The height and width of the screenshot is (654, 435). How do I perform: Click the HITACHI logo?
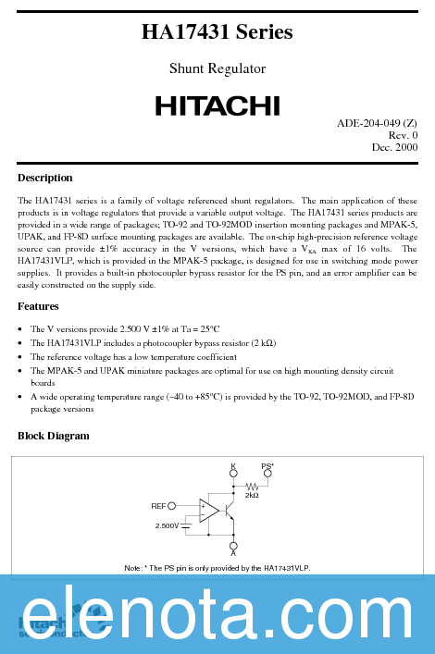(x=217, y=106)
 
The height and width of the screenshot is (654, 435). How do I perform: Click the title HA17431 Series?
(x=217, y=32)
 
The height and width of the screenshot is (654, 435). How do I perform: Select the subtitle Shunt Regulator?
(x=217, y=68)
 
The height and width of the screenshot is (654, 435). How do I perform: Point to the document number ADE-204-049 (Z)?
(x=377, y=123)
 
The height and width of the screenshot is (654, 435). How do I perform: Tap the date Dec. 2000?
(x=394, y=147)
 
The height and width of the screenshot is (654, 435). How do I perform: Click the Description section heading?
(x=44, y=178)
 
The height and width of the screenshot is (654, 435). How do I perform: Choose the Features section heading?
(x=38, y=306)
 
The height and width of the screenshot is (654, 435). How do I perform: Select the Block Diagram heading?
(x=54, y=435)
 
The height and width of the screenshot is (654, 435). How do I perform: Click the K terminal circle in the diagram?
(x=233, y=474)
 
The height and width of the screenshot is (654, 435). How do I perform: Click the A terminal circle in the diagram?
(x=233, y=546)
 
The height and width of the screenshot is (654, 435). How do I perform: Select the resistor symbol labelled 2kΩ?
(x=251, y=486)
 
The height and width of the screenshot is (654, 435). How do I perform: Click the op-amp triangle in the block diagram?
(x=208, y=510)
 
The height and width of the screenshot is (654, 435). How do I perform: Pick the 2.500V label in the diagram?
(x=167, y=525)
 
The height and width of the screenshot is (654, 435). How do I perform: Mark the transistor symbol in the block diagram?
(x=230, y=510)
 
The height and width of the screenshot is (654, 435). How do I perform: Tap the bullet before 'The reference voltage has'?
(x=21, y=356)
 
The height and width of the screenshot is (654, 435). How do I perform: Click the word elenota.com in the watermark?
(x=217, y=615)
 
